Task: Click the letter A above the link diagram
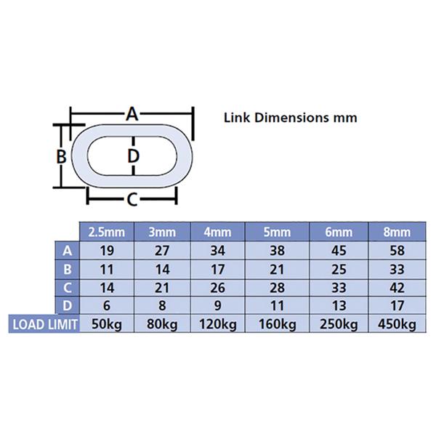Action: tap(132, 114)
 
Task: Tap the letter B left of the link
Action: tap(61, 156)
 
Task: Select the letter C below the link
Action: tap(132, 200)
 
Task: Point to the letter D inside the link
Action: tap(133, 156)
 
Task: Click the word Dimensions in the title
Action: tap(291, 118)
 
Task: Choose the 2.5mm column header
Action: tap(107, 232)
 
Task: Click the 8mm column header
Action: tap(397, 232)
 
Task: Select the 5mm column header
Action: tap(277, 232)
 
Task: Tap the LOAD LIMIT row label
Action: tap(45, 324)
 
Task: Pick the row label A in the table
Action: tap(68, 251)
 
